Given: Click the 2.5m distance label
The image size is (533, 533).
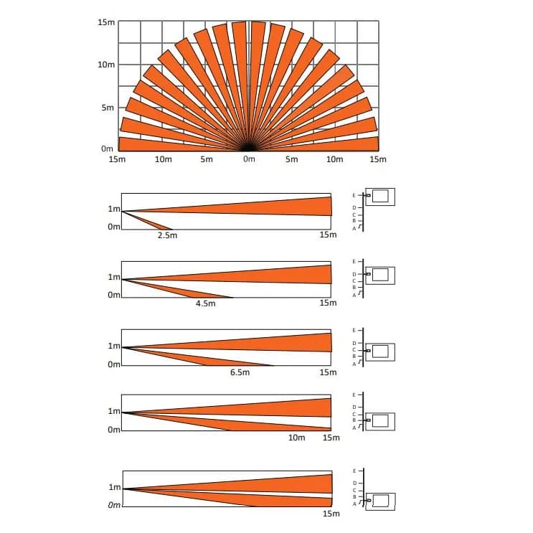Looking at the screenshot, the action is (x=167, y=235).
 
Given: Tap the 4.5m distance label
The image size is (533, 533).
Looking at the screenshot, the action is (x=206, y=303).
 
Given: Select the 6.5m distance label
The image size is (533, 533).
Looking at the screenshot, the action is (x=240, y=372).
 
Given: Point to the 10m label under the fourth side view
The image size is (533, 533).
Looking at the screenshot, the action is (x=297, y=438).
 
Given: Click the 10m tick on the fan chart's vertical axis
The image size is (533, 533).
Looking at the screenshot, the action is (x=106, y=65).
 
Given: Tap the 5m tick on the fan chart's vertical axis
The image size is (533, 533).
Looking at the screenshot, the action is (x=108, y=108).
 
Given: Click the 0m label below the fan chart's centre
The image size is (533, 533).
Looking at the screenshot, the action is (x=249, y=159).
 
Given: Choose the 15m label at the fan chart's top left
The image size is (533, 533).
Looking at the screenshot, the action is (x=106, y=22).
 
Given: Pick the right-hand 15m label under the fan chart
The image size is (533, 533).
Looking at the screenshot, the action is (x=378, y=159).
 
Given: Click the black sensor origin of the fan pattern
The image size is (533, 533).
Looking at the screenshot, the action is (x=248, y=148).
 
